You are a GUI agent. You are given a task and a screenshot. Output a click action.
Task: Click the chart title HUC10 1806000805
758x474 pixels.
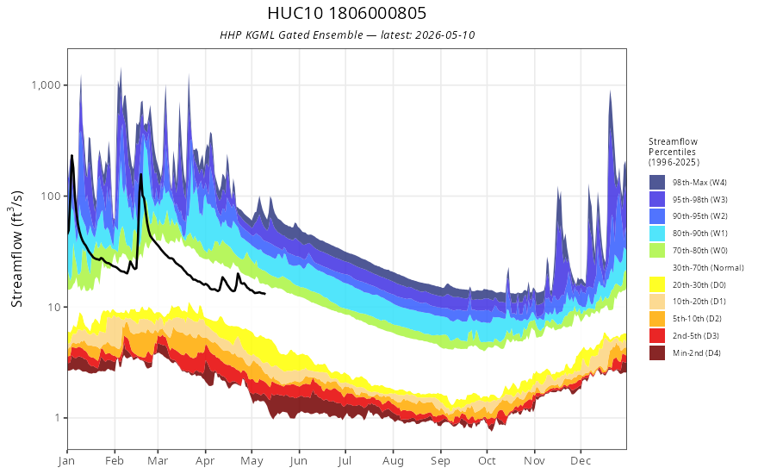(346, 13)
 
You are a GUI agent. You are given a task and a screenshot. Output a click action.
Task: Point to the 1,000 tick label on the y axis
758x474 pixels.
(46, 85)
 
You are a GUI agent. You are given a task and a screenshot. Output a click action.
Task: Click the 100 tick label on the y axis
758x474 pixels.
(51, 196)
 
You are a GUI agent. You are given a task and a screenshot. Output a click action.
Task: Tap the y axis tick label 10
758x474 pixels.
(54, 307)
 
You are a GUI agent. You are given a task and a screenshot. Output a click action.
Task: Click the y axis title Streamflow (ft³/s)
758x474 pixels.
(16, 248)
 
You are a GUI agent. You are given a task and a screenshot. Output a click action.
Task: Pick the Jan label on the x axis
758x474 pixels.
(66, 461)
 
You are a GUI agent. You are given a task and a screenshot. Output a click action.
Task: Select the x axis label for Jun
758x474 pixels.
(298, 461)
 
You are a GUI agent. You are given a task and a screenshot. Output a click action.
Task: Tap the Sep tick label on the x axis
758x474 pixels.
(440, 461)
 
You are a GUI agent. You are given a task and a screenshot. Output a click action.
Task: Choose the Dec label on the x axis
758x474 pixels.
(581, 461)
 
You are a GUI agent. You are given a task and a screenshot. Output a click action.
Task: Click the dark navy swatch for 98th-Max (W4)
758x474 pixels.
(657, 183)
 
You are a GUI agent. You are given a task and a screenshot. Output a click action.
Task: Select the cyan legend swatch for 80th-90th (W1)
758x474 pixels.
(657, 234)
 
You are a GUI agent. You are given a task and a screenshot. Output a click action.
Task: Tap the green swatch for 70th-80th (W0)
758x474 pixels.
(657, 251)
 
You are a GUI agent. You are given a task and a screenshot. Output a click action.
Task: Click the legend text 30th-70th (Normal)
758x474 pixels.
(708, 267)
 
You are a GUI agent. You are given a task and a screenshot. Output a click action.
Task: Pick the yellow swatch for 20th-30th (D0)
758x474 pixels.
(657, 284)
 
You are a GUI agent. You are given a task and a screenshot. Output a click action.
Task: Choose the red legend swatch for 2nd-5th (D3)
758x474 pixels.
(657, 335)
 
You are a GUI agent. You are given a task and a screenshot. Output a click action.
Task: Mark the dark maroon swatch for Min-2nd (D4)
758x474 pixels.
(657, 352)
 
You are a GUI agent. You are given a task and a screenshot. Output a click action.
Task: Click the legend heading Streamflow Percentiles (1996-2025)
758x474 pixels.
(674, 152)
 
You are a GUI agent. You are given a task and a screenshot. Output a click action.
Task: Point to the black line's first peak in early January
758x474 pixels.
(71, 155)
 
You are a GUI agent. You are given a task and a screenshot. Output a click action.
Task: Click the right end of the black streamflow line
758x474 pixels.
(264, 294)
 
